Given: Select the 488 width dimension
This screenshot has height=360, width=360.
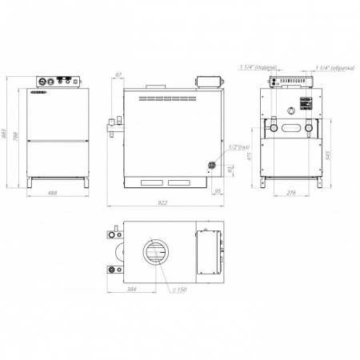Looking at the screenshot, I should [x=53, y=193].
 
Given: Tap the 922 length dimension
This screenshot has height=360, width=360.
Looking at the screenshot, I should [x=163, y=203].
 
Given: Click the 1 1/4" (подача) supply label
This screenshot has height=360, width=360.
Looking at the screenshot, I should [x=255, y=68].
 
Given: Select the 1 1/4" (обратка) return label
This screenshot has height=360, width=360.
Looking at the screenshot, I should [x=334, y=68].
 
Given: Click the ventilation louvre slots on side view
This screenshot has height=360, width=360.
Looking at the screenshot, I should [x=175, y=98].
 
